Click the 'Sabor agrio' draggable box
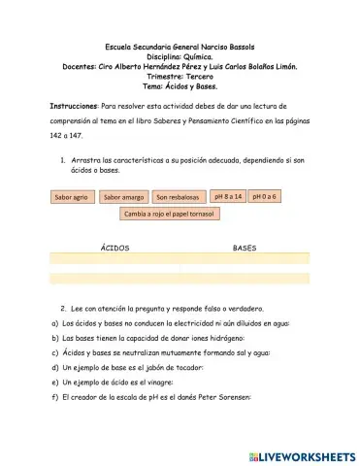coord(72,197)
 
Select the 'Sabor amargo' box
coord(123,197)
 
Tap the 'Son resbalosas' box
coord(178,197)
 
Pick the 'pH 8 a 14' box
coord(227,196)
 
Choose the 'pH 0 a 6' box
coord(264,196)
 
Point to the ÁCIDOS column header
coord(115,249)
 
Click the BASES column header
coord(244,249)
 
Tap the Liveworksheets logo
coord(302,455)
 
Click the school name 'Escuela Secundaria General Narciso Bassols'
coord(180,48)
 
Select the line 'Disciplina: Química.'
coord(180,57)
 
